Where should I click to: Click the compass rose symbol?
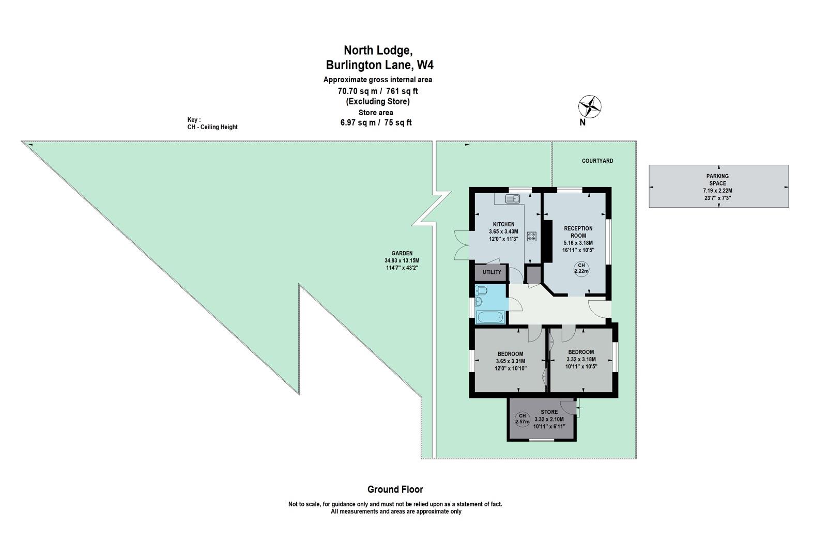[x=589, y=107]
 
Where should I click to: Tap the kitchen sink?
[x=512, y=198]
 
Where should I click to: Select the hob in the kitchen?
[x=532, y=237]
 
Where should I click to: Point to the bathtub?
[x=490, y=317]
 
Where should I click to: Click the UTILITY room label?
[x=492, y=272]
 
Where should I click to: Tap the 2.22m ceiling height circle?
[x=581, y=269]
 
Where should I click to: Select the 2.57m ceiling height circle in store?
[x=522, y=419]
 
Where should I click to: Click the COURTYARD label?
[x=597, y=161]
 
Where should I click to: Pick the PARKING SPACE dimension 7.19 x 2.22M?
[x=717, y=191]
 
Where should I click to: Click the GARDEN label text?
[x=402, y=254]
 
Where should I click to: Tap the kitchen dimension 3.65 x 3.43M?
[x=504, y=231]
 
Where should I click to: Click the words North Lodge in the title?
[x=378, y=50]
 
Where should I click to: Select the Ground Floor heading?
[x=395, y=490]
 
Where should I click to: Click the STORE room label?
[x=549, y=412]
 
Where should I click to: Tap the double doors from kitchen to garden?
[x=462, y=245]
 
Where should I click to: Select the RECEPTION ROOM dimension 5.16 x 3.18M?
[x=578, y=243]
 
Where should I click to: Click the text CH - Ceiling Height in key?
[x=212, y=127]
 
